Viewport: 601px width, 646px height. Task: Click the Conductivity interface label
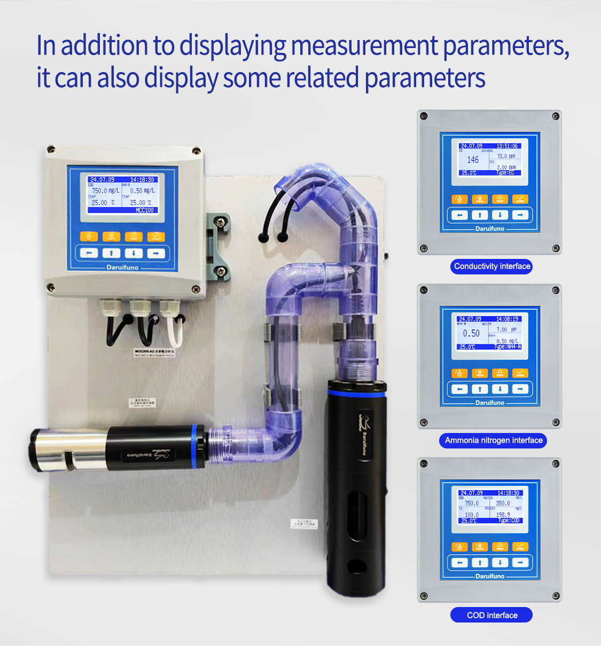[x=492, y=266]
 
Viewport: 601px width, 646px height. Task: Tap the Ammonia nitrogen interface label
[x=494, y=440]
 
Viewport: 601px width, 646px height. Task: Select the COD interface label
[x=492, y=615]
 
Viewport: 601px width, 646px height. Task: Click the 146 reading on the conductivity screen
[x=473, y=160]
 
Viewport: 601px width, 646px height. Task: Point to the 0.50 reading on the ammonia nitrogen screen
[x=471, y=333]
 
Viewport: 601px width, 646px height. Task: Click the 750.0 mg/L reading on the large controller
[x=105, y=191]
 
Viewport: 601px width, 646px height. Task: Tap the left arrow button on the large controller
[x=89, y=253]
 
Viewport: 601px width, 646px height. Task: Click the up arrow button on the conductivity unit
[x=480, y=215]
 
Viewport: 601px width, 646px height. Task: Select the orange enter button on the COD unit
[x=520, y=547]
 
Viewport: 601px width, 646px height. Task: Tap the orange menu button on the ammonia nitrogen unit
[x=480, y=373]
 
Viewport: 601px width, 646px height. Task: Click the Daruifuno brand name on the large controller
[x=122, y=267]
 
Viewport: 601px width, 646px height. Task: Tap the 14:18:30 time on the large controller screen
[x=142, y=180]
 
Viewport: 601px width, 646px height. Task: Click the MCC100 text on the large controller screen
[x=144, y=210]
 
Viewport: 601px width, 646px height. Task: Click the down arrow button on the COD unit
[x=500, y=563]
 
